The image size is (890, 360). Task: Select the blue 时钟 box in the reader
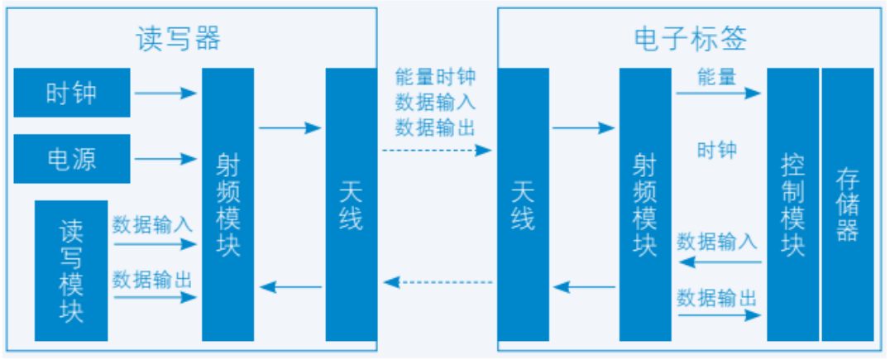72,93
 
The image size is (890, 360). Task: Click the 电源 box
72,158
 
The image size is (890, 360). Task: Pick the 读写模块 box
71,271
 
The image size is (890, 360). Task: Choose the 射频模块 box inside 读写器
227,204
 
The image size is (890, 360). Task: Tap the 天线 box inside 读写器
351,204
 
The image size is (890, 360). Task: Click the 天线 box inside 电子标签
523,204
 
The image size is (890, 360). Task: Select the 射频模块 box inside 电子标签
644,204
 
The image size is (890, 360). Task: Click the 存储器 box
847,204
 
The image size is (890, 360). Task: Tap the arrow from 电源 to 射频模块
165,158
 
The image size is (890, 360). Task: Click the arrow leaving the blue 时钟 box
165,93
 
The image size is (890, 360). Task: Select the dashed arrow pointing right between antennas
436,151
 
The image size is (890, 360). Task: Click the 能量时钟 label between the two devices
435,77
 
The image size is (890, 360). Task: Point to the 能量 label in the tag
716,77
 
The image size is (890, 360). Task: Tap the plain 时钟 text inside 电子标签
716,151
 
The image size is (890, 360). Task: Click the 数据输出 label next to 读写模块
152,280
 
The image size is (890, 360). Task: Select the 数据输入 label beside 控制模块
716,242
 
